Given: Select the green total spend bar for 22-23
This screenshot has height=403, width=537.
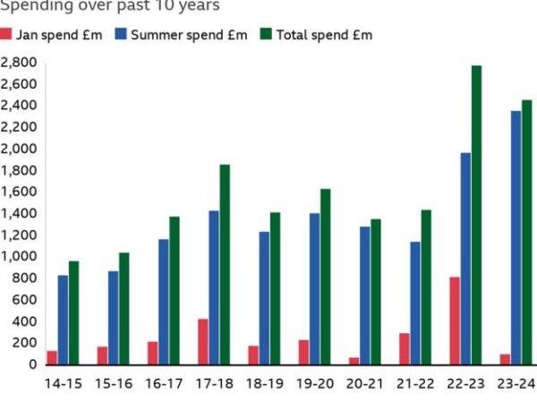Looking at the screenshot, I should pyautogui.click(x=476, y=215).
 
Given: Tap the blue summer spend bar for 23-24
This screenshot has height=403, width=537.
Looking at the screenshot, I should pyautogui.click(x=516, y=237).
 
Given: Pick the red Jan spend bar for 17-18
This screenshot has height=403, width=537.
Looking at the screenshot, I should pyautogui.click(x=203, y=341).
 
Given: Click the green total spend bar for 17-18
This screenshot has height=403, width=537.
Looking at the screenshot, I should pyautogui.click(x=225, y=264).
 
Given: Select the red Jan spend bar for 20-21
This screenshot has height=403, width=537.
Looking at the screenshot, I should pyautogui.click(x=354, y=361).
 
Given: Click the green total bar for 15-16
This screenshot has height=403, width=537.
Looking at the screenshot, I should pyautogui.click(x=124, y=308).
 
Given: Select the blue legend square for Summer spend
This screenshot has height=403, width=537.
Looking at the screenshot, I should pyautogui.click(x=121, y=35).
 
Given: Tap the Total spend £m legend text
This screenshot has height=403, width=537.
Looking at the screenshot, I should pyautogui.click(x=324, y=35).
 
